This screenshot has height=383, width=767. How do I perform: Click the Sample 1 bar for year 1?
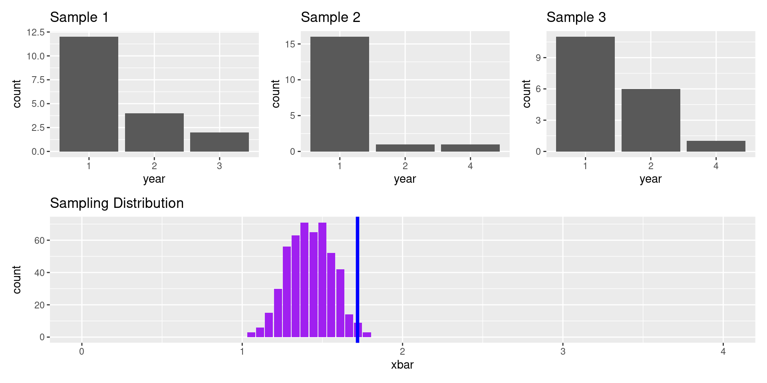[x=89, y=94]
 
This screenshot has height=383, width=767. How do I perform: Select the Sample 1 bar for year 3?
[x=219, y=142]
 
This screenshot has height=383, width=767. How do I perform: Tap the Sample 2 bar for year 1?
[x=340, y=94]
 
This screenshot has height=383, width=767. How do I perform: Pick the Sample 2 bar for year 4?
[x=470, y=148]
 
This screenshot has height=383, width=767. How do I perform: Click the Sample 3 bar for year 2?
[x=651, y=120]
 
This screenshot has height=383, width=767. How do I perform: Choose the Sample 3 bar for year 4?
[x=716, y=146]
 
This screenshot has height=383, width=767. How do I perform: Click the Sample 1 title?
[x=79, y=17]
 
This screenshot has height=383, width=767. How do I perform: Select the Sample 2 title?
[x=330, y=17]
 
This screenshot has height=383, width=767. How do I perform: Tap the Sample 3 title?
[x=576, y=17]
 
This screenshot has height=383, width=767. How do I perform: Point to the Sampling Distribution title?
[x=117, y=203]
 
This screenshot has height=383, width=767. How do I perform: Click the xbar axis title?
[x=402, y=365]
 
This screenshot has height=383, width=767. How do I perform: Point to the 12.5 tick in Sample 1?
[x=36, y=32]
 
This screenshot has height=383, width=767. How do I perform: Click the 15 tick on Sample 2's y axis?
[x=290, y=44]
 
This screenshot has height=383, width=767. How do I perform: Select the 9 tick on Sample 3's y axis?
[x=538, y=58]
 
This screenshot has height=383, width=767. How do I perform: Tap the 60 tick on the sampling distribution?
[x=39, y=241]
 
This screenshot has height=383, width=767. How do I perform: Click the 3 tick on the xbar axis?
[x=562, y=351]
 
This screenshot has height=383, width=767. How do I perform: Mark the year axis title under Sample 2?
[x=405, y=179]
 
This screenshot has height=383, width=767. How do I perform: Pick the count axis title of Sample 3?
[x=527, y=94]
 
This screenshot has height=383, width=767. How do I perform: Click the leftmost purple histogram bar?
[x=251, y=335]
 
